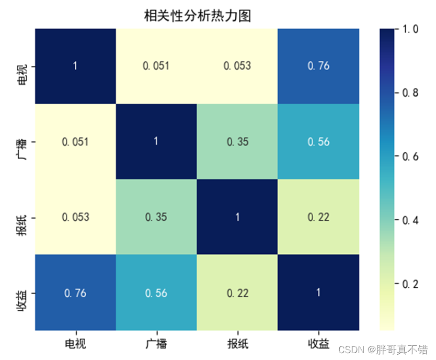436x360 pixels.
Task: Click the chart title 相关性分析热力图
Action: (x=198, y=16)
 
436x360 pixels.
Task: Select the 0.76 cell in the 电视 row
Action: (x=318, y=66)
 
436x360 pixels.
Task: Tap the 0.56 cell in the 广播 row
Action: (x=318, y=141)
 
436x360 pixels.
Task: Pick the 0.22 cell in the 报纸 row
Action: (x=318, y=217)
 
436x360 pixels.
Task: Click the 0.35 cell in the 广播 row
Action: (x=237, y=141)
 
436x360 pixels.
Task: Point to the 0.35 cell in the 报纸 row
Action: (x=156, y=217)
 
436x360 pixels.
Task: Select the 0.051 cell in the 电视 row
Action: (x=156, y=66)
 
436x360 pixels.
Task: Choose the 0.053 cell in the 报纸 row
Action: (x=75, y=217)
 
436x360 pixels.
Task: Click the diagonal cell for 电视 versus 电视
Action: (x=75, y=66)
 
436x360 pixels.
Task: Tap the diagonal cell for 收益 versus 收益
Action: (x=318, y=292)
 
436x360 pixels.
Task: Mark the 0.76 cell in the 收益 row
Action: (x=75, y=292)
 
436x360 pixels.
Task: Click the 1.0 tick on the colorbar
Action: (x=411, y=29)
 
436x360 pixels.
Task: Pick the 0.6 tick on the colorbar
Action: (x=411, y=156)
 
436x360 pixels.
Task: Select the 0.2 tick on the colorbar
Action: (x=411, y=284)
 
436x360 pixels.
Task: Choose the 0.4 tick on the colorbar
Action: (x=411, y=220)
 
